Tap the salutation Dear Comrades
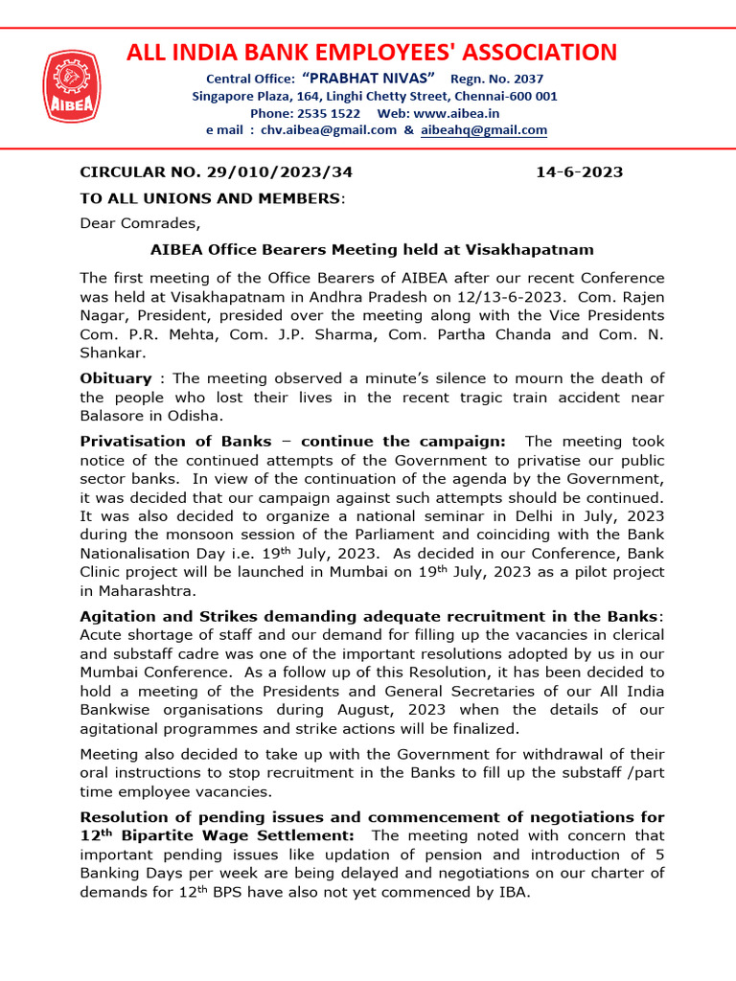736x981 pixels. [x=140, y=224]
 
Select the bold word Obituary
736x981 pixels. [x=115, y=378]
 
